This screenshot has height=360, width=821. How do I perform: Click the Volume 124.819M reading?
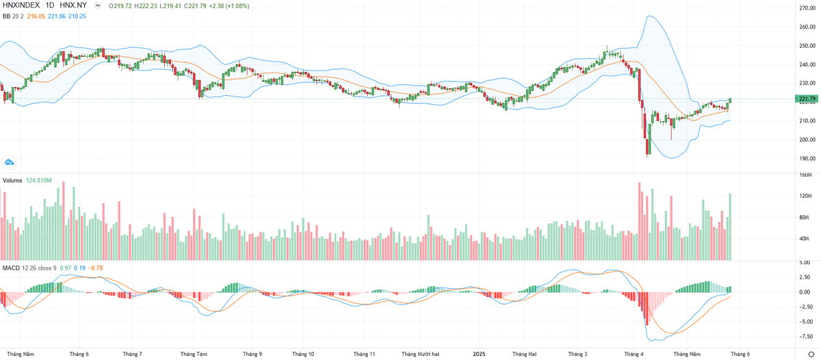[39, 181]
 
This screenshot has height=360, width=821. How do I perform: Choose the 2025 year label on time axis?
[478, 354]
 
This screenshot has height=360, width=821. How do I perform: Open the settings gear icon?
[811, 354]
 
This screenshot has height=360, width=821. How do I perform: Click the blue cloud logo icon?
[9, 162]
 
